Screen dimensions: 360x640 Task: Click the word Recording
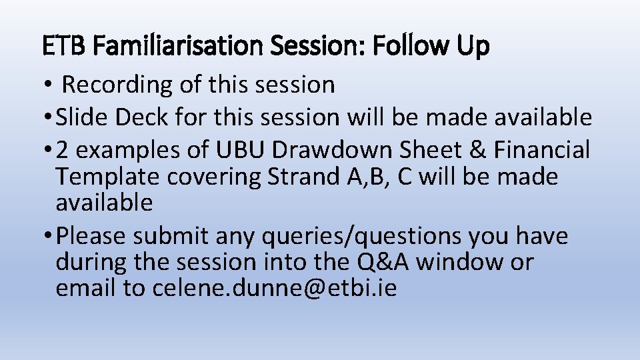coord(117,85)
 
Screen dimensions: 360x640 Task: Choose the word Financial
coord(541,151)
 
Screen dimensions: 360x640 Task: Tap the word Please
coord(91,236)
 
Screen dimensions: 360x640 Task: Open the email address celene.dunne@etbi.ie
coord(275,288)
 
